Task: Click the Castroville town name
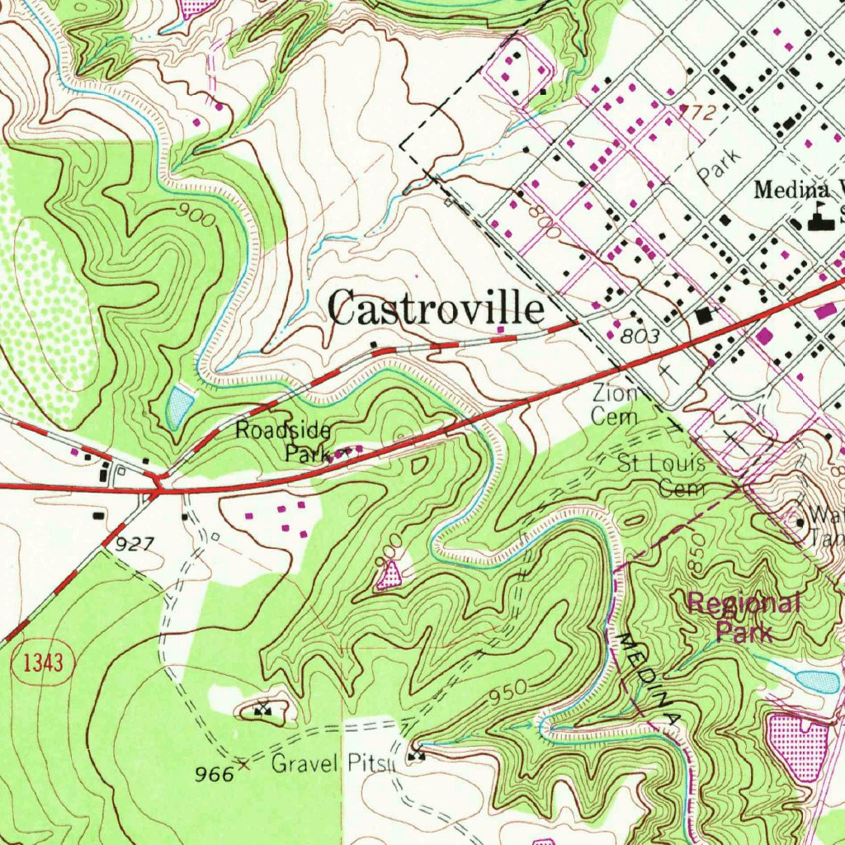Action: pos(437,309)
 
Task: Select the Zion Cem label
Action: pos(616,405)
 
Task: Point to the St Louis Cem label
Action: pos(663,474)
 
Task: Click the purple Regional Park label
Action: pos(744,617)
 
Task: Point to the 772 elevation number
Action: pos(695,112)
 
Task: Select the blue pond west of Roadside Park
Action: pos(180,405)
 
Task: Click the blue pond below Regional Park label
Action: pos(817,682)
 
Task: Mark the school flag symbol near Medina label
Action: pos(819,216)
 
